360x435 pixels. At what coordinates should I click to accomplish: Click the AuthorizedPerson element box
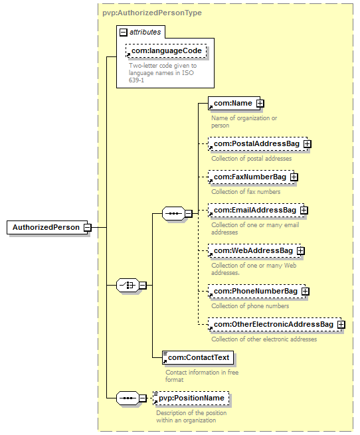[47, 228]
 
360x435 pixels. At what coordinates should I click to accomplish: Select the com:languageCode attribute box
[166, 50]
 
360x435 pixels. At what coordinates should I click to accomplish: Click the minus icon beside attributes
[124, 33]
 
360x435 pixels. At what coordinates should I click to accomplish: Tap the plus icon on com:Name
[260, 103]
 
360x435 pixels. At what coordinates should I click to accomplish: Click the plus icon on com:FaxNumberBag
[294, 177]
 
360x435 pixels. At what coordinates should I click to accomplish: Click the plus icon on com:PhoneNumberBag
[305, 292]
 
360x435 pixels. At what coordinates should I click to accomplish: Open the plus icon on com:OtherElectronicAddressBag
[341, 325]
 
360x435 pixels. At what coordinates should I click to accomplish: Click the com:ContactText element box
[198, 357]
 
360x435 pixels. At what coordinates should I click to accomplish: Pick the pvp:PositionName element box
[191, 398]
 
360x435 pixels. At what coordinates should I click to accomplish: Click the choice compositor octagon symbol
[128, 285]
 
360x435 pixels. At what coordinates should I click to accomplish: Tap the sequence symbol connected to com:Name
[173, 214]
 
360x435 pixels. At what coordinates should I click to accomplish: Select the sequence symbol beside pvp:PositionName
[128, 398]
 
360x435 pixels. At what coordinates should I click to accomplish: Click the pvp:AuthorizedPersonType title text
[152, 13]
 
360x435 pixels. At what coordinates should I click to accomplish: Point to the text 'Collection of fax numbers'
[246, 192]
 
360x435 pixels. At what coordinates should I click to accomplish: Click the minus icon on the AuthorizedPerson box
[88, 228]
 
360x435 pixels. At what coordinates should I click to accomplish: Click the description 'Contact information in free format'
[202, 376]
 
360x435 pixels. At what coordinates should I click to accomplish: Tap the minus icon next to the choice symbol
[142, 285]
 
